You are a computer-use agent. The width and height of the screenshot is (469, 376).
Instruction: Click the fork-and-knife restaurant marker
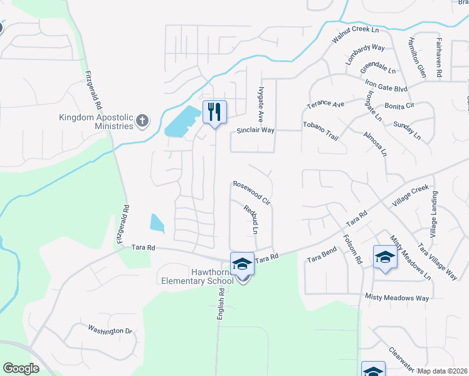pyautogui.click(x=214, y=113)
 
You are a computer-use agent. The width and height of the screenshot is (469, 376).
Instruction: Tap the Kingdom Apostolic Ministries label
pyautogui.click(x=96, y=122)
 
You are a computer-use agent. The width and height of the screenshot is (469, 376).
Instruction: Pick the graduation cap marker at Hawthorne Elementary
pyautogui.click(x=242, y=264)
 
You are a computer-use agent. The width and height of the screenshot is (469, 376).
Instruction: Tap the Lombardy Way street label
pyautogui.click(x=365, y=55)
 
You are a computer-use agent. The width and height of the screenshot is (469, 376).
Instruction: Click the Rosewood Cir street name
pyautogui.click(x=251, y=193)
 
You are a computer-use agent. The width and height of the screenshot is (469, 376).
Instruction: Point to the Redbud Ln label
pyautogui.click(x=251, y=220)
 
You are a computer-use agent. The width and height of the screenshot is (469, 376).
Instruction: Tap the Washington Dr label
pyautogui.click(x=110, y=330)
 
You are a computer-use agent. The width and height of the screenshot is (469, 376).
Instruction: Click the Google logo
pyautogui.click(x=21, y=368)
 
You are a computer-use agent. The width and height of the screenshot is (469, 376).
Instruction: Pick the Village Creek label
pyautogui.click(x=410, y=196)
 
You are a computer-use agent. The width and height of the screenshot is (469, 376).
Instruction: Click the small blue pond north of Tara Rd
pyautogui.click(x=157, y=223)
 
